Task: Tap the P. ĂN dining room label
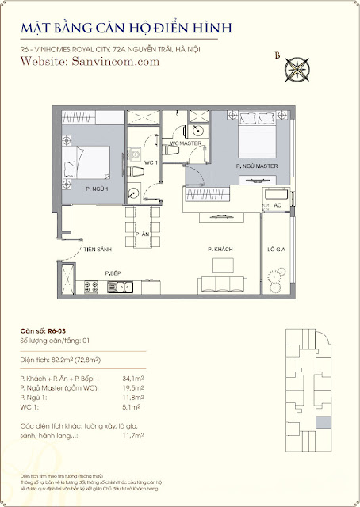[142, 234]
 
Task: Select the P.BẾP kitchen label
[113, 273]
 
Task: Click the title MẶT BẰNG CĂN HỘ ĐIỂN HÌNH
[126, 29]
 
